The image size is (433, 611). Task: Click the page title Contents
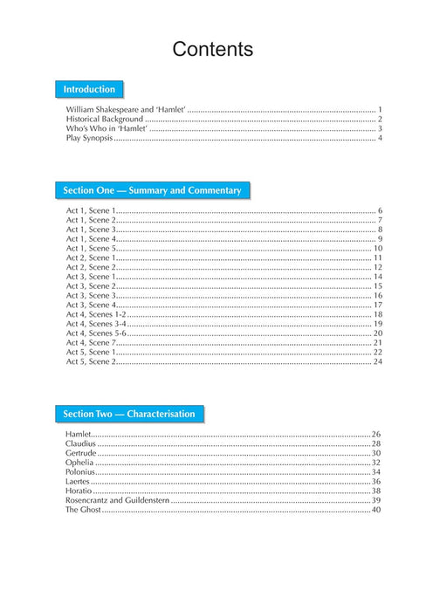(213, 50)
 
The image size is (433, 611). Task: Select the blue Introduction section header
(89, 89)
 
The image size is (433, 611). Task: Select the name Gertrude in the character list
(80, 453)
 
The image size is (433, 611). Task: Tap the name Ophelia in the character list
(79, 463)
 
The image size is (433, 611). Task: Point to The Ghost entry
(83, 509)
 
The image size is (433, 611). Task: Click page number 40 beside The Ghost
(377, 509)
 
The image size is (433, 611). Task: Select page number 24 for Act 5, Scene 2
(378, 360)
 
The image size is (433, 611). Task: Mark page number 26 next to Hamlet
(377, 434)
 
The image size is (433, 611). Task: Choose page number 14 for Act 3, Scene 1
(378, 277)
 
